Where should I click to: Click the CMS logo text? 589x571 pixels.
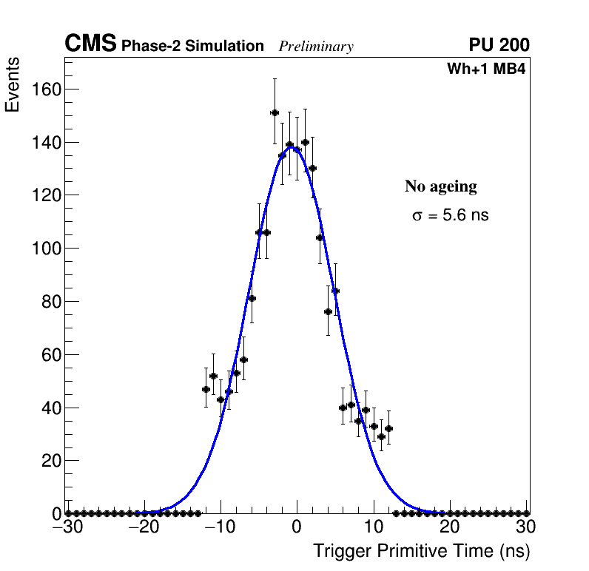pyautogui.click(x=90, y=45)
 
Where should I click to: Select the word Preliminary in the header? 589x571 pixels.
pyautogui.click(x=316, y=47)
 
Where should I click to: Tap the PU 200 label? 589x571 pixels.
pyautogui.click(x=499, y=46)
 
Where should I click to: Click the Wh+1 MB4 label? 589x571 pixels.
pyautogui.click(x=486, y=70)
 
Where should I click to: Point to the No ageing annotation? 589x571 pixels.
pyautogui.click(x=440, y=187)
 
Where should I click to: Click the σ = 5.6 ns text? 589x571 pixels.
pyautogui.click(x=450, y=216)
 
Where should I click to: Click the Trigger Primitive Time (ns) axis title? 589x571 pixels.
pyautogui.click(x=421, y=551)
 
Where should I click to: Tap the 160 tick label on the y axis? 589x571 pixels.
pyautogui.click(x=46, y=89)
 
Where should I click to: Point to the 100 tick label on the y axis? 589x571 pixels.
pyautogui.click(x=46, y=249)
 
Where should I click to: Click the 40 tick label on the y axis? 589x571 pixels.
pyautogui.click(x=50, y=408)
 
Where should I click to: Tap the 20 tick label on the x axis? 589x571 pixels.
pyautogui.click(x=449, y=527)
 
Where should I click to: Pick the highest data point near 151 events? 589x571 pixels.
pyautogui.click(x=275, y=112)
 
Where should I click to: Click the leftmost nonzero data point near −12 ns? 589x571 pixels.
pyautogui.click(x=206, y=389)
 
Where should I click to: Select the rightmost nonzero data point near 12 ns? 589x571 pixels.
pyautogui.click(x=388, y=428)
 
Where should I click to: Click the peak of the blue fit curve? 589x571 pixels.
pyautogui.click(x=293, y=146)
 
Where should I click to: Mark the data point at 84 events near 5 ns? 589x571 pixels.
pyautogui.click(x=335, y=291)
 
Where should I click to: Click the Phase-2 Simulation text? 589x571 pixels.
pyautogui.click(x=192, y=47)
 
